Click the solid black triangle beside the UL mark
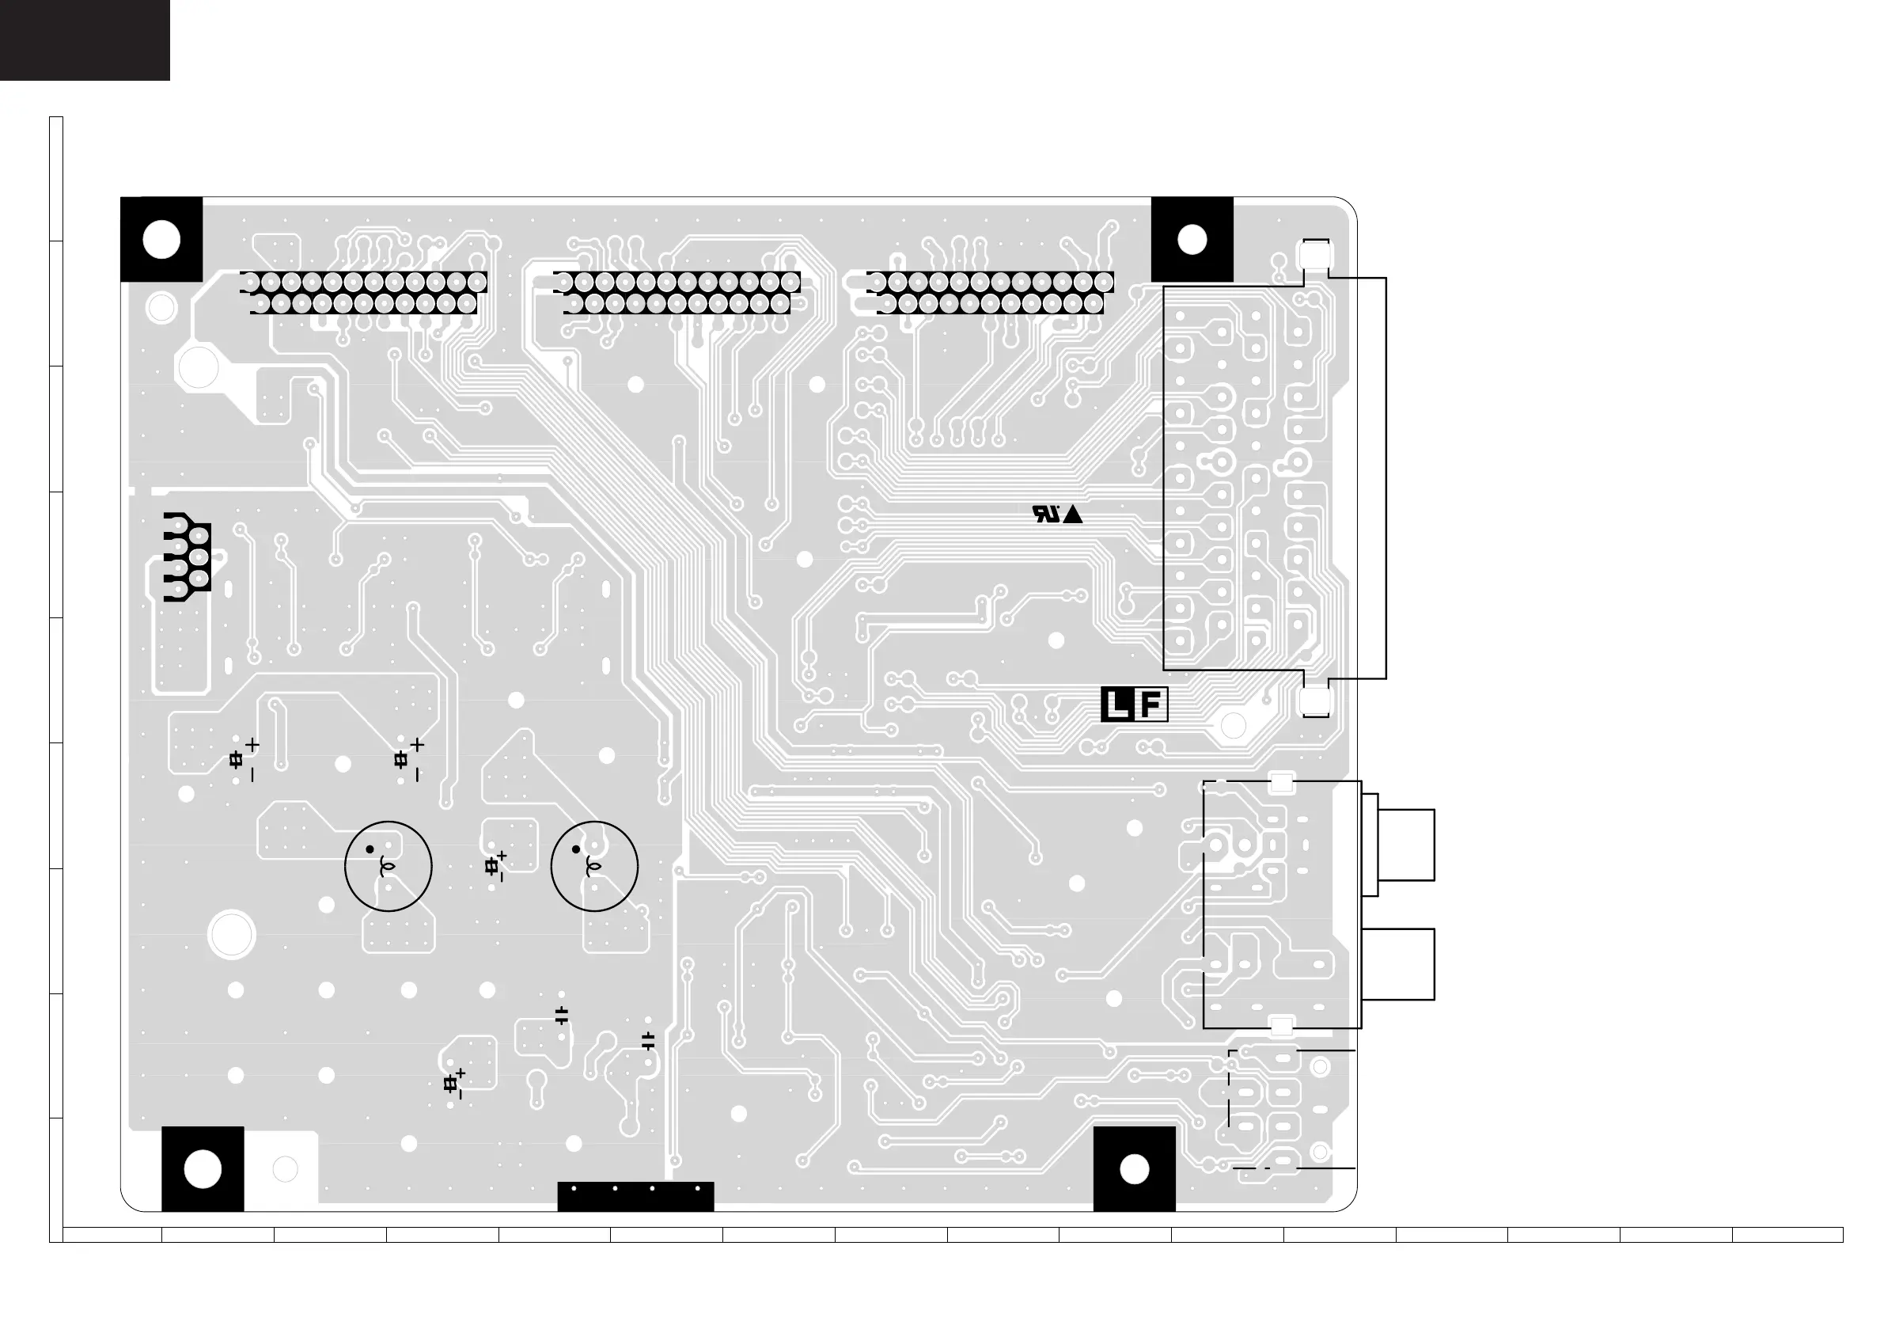(x=1072, y=515)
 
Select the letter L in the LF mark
(x=1116, y=705)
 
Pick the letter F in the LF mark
(x=1150, y=705)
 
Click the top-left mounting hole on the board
(x=161, y=240)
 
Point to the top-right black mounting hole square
(x=1192, y=240)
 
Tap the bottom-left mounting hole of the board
(x=203, y=1169)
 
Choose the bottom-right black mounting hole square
(x=1134, y=1169)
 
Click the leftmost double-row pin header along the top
(x=363, y=293)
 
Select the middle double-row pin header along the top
(x=677, y=293)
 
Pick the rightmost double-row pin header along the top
(x=991, y=293)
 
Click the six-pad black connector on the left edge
(x=188, y=557)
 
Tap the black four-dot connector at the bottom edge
(x=635, y=1196)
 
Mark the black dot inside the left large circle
(x=370, y=849)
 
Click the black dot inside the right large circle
(x=576, y=849)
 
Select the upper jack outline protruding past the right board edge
(x=1405, y=845)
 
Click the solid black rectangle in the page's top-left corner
(x=85, y=40)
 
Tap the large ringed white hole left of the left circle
(x=232, y=934)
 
